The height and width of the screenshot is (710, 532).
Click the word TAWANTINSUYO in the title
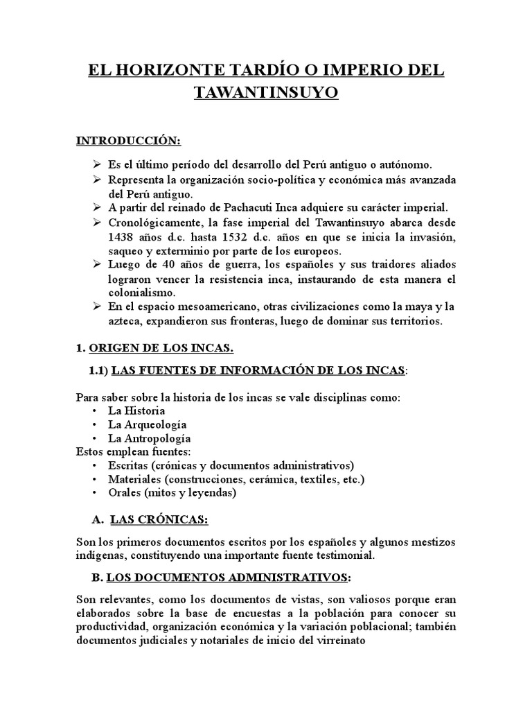tap(266, 94)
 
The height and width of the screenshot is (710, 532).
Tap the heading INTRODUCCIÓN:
tap(128, 141)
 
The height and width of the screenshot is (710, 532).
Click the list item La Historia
tap(136, 410)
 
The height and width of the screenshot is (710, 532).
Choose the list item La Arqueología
tap(147, 424)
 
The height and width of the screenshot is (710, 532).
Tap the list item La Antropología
tap(150, 438)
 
